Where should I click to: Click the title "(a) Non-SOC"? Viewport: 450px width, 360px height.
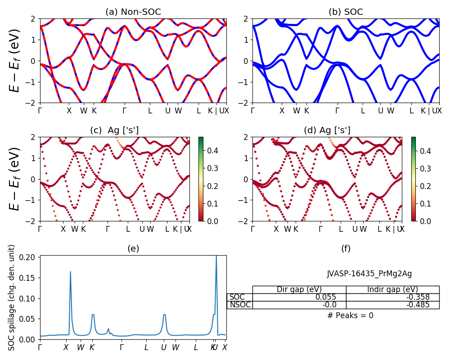click(x=133, y=12)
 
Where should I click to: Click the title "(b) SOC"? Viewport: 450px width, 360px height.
click(x=346, y=12)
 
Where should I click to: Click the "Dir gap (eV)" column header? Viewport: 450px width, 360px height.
click(x=299, y=289)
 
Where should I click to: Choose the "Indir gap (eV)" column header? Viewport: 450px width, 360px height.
click(x=392, y=289)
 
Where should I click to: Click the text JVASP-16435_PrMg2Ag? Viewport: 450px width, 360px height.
click(x=369, y=274)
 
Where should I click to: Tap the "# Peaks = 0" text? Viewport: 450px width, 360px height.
click(x=350, y=315)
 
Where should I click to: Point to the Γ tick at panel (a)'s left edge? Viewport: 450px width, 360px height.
click(x=40, y=111)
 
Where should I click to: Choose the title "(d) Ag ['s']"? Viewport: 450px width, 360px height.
click(x=327, y=130)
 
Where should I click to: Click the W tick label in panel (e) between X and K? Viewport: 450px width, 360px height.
click(x=81, y=347)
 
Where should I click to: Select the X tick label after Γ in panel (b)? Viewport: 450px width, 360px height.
click(x=282, y=111)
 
